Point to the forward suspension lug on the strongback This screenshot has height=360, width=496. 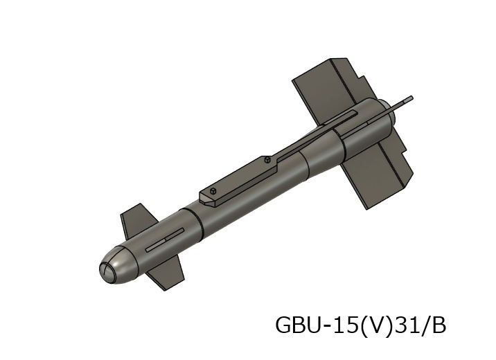tap(214, 190)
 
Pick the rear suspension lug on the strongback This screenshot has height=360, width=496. tap(267, 160)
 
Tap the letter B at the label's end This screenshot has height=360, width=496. tap(438, 325)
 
